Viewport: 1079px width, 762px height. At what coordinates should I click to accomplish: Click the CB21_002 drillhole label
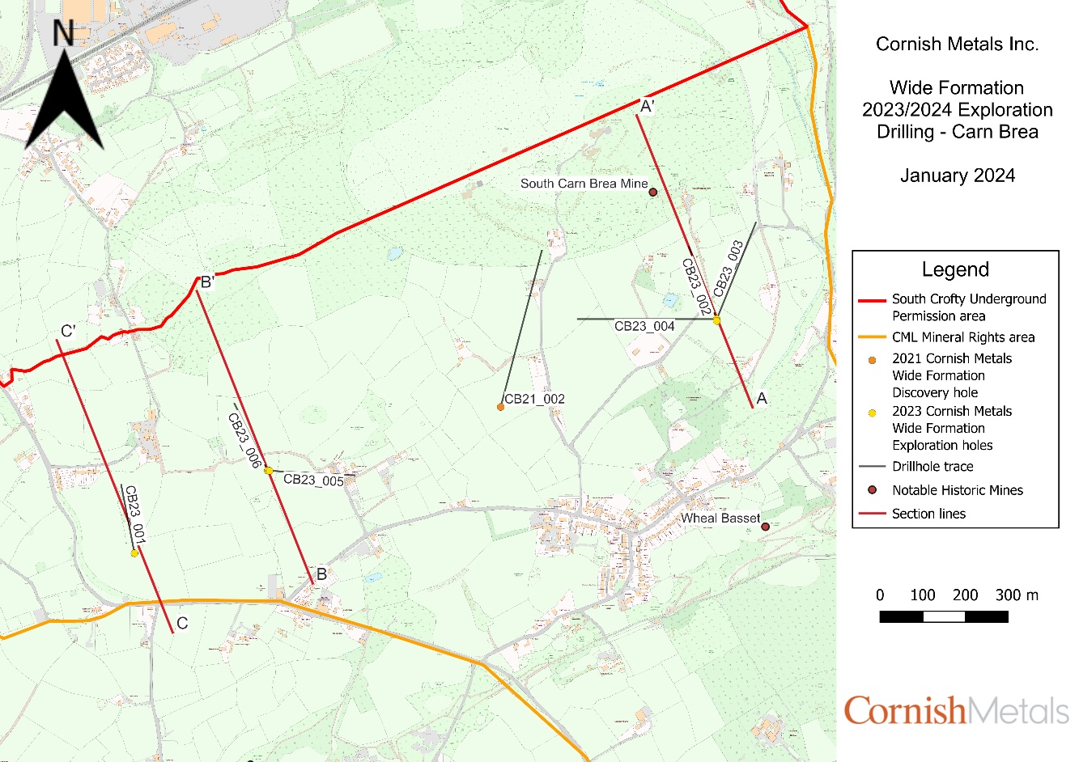tap(534, 399)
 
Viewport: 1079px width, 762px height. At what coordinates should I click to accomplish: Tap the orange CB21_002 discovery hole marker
tap(501, 407)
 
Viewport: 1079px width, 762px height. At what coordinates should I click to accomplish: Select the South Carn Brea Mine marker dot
tap(653, 193)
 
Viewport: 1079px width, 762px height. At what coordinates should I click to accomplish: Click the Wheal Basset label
tap(720, 518)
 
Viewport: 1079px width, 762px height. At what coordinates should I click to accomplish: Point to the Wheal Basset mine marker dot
tap(765, 527)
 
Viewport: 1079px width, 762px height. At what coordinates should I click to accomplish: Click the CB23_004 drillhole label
tap(644, 326)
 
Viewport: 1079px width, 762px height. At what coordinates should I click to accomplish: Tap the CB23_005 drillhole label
tap(313, 480)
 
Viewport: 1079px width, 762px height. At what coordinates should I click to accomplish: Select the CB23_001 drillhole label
tap(135, 514)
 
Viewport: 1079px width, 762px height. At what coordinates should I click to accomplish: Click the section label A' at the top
tap(647, 106)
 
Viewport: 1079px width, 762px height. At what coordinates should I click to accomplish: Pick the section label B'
tap(207, 282)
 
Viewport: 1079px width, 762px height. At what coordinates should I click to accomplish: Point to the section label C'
tap(69, 331)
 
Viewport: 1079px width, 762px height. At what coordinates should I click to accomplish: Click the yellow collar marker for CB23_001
tap(134, 553)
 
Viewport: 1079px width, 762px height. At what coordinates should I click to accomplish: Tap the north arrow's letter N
tap(63, 33)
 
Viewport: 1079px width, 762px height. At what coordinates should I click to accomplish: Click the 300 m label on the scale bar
tap(1016, 595)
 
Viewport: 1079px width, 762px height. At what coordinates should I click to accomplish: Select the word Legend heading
tap(955, 269)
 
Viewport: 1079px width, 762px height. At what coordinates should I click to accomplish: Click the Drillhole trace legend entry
tap(932, 467)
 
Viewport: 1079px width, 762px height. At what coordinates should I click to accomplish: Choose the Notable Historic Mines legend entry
tap(957, 490)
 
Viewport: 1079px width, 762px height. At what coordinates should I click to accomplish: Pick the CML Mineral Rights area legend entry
tap(963, 337)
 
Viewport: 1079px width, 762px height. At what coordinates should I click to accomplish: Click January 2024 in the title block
tap(957, 176)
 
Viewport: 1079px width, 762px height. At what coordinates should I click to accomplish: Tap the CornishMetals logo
tap(956, 710)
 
